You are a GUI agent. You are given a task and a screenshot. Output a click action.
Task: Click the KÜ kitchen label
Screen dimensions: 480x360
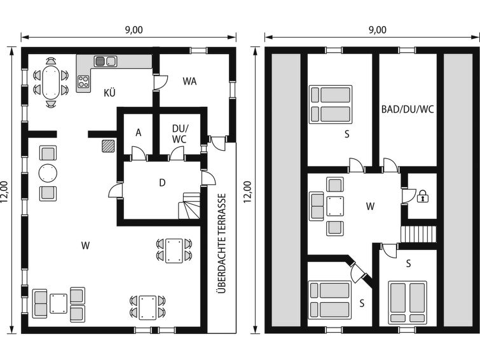pos(109,92)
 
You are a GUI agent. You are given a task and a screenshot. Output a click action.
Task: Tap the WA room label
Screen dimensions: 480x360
pos(189,81)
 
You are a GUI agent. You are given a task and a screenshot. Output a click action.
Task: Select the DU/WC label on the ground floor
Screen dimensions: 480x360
pos(179,134)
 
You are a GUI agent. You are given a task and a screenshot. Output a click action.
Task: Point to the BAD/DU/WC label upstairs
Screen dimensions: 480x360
pos(408,109)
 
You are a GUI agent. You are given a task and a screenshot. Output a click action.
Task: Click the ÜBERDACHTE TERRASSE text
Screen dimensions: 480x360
pos(223,243)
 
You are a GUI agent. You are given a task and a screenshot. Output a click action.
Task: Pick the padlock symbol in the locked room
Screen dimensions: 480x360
pos(423,196)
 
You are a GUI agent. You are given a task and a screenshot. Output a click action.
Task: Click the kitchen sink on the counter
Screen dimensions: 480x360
pos(106,61)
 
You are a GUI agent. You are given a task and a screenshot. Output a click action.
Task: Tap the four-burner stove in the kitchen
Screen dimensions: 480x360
pos(83,81)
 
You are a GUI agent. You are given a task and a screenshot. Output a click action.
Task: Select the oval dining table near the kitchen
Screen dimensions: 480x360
pos(51,82)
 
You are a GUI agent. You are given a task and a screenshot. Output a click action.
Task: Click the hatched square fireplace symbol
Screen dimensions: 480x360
pos(108,146)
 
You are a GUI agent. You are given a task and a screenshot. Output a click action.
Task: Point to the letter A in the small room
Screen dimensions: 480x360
pos(139,133)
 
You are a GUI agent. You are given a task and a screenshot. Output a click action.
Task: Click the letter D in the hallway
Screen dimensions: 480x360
pos(162,183)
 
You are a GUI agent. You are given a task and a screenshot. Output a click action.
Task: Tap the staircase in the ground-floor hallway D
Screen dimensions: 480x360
pos(189,205)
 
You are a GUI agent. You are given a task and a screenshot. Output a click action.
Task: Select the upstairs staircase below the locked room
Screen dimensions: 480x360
pos(418,235)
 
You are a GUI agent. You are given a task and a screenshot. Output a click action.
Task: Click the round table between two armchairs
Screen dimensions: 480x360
pos(48,174)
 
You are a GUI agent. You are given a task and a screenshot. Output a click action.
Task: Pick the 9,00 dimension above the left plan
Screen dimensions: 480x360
pos(134,30)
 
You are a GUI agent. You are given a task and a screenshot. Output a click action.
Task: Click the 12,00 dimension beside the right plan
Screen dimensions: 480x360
pos(247,192)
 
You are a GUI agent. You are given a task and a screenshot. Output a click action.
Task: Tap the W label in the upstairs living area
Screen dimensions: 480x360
pos(370,206)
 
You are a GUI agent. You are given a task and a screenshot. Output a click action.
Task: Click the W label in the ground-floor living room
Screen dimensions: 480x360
pos(85,246)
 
